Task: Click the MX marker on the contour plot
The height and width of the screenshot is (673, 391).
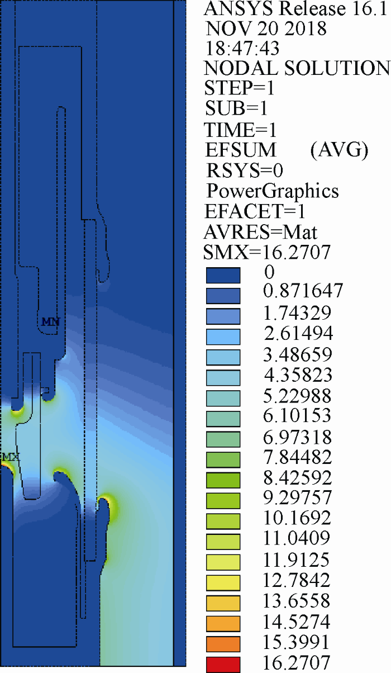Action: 11,457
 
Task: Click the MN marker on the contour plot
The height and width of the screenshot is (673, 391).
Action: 51,322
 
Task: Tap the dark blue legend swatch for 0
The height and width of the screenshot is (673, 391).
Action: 223,275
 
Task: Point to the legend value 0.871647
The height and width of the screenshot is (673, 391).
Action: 303,291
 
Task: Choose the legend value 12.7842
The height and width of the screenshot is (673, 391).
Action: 297,580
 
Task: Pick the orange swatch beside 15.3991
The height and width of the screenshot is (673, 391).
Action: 223,644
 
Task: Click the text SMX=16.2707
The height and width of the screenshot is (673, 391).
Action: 267,252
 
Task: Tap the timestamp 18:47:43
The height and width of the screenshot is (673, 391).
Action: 242,48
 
